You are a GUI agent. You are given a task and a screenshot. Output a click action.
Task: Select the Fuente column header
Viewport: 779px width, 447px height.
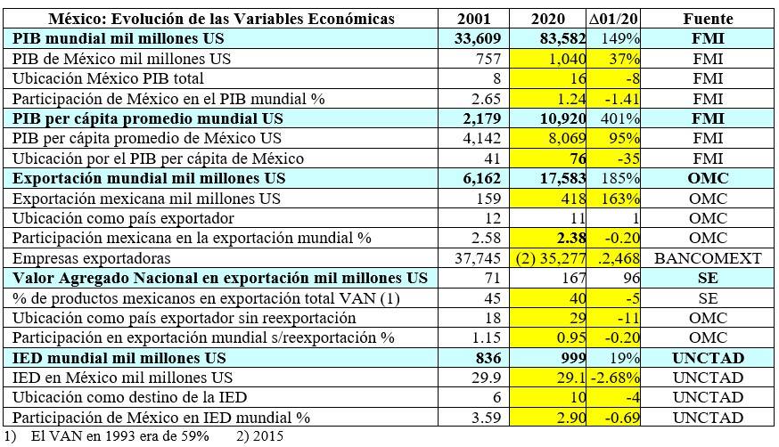click(708, 19)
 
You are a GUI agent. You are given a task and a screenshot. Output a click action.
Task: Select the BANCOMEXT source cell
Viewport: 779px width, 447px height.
click(708, 258)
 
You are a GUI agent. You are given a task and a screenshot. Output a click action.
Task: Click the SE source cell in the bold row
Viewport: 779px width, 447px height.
click(708, 278)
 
